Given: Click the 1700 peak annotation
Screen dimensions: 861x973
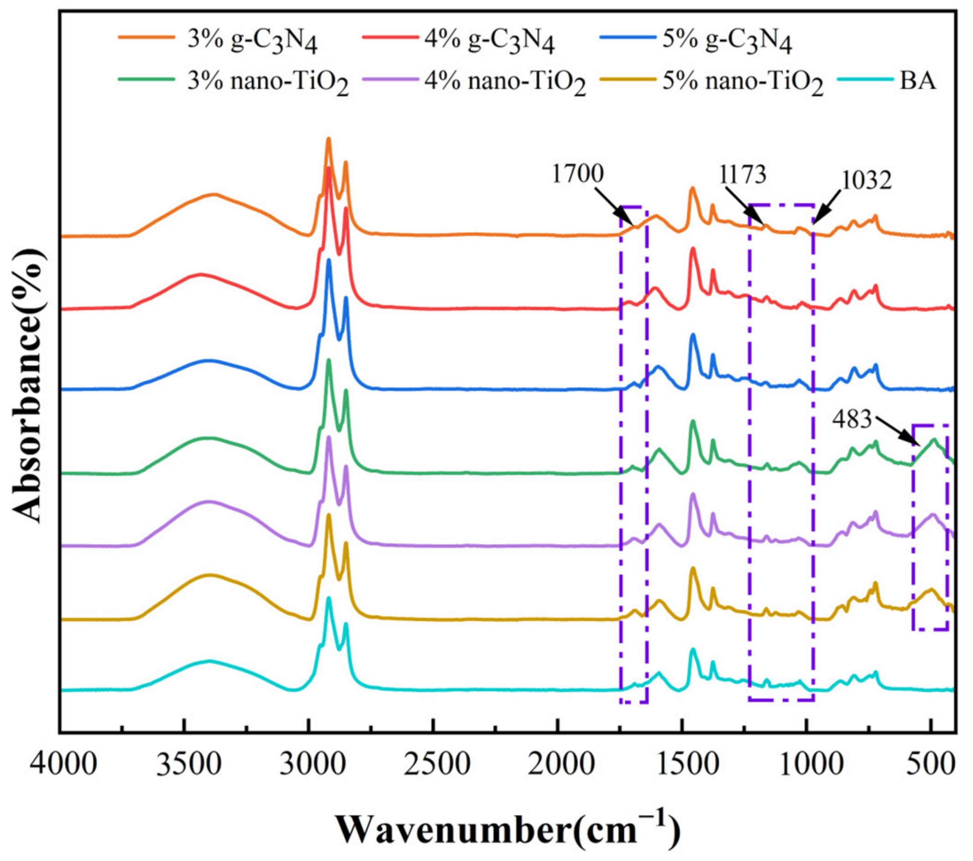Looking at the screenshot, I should (x=578, y=174).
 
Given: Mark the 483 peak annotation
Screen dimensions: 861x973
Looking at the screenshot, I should (x=852, y=420).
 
